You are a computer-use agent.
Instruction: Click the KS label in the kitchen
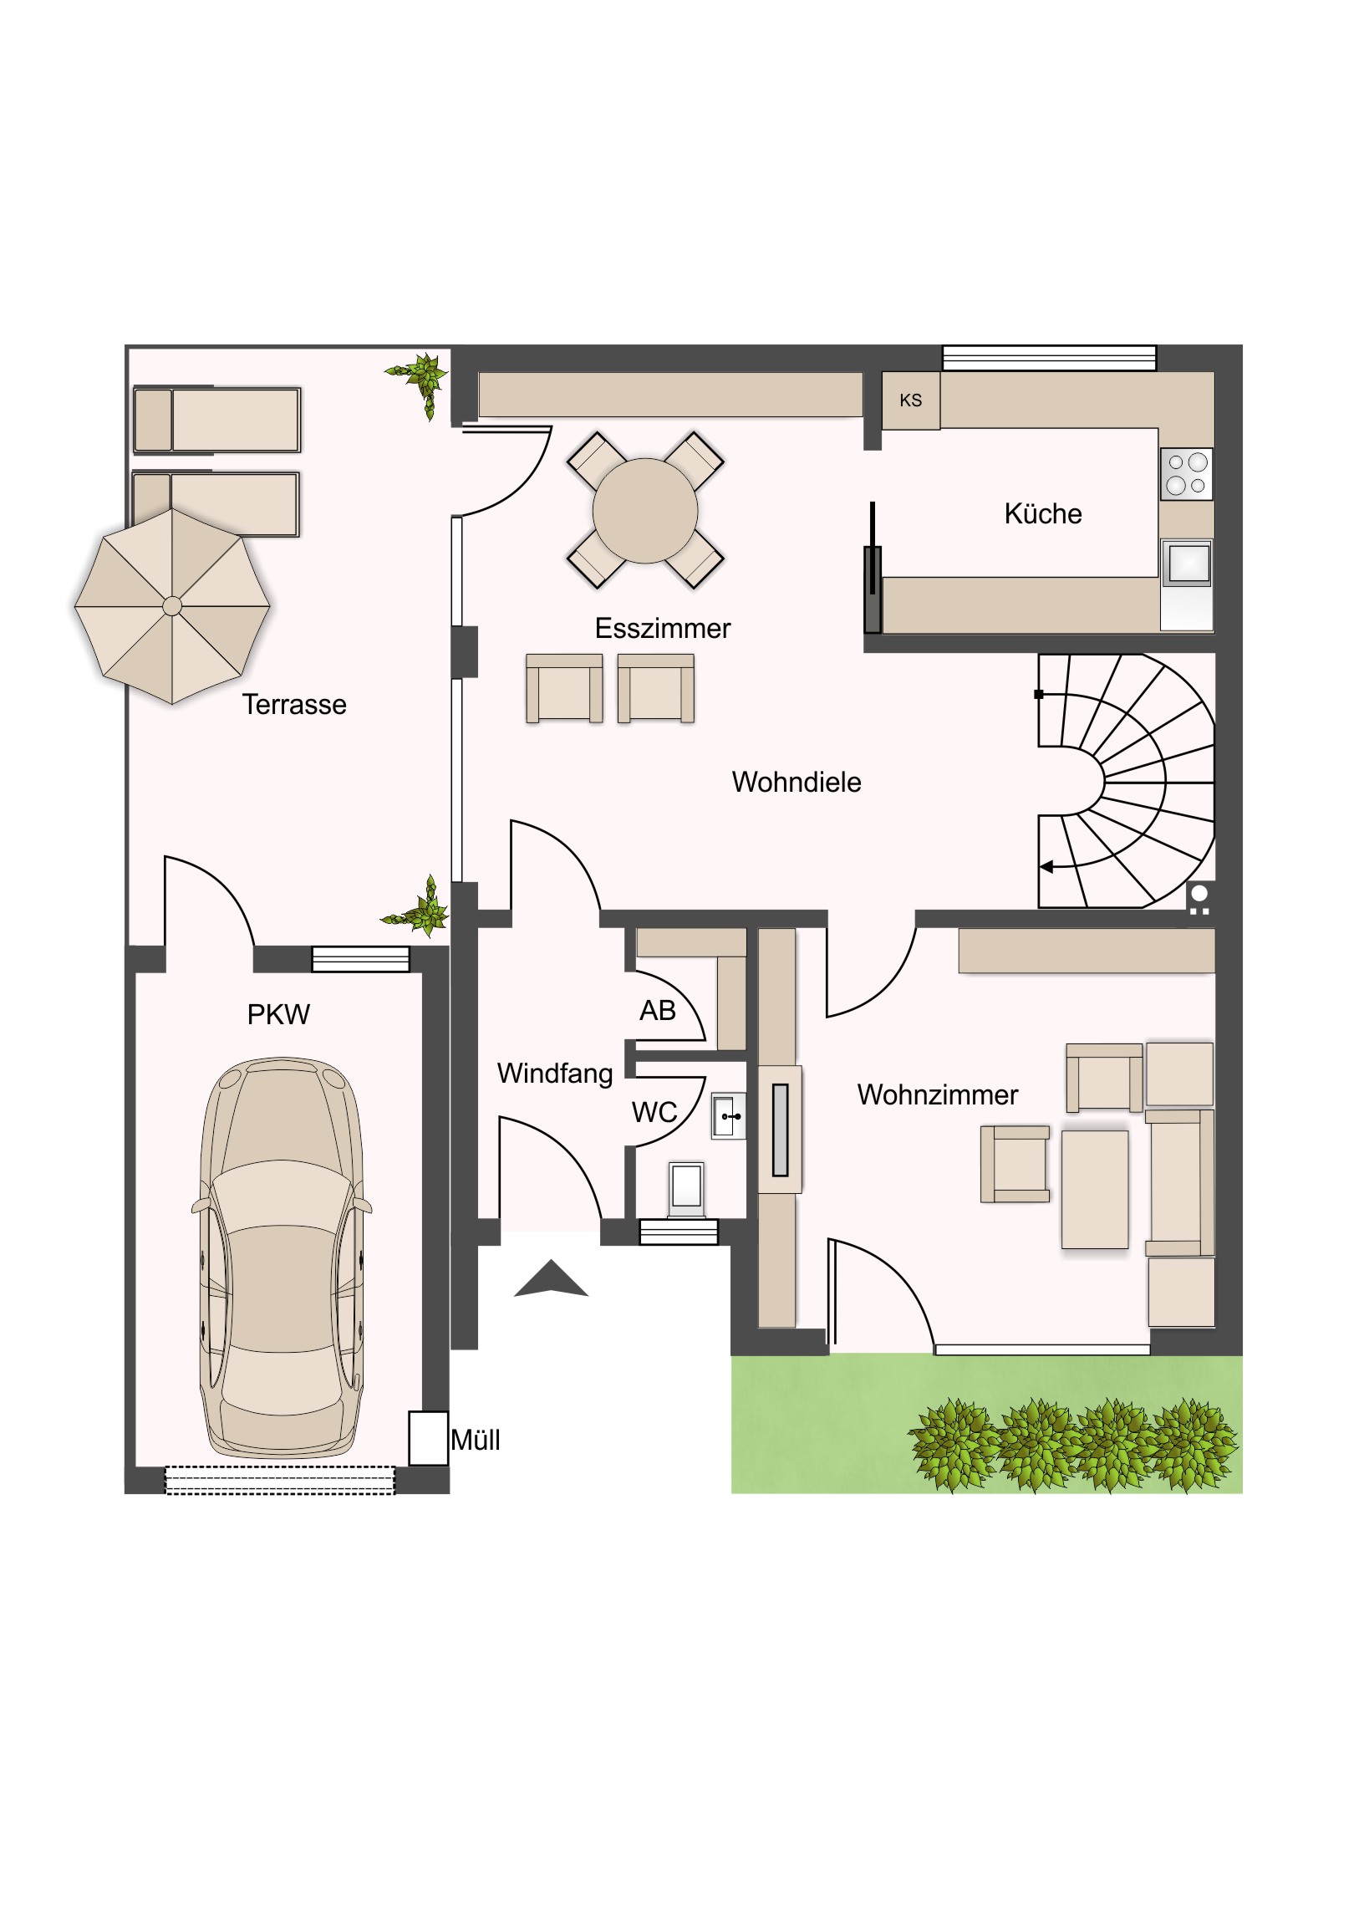[910, 400]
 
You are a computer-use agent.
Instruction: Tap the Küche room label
[1042, 513]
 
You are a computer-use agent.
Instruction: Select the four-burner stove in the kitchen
[1186, 474]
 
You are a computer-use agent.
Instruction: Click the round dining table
[644, 511]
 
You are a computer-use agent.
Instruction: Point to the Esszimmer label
[662, 628]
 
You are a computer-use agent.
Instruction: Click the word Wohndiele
[797, 782]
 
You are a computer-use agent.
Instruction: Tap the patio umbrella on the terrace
[172, 605]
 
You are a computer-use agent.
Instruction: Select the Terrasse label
[294, 704]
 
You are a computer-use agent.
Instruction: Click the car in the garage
[282, 1258]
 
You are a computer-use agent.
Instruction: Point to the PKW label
[278, 1015]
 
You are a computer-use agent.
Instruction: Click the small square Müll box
[428, 1438]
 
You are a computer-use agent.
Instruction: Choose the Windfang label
[555, 1074]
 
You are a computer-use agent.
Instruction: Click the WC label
[654, 1112]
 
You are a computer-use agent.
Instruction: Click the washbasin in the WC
[729, 1115]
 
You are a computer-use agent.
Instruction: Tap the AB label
[657, 1011]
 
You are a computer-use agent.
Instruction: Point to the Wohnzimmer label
[937, 1094]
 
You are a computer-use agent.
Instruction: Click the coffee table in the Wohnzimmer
[1094, 1189]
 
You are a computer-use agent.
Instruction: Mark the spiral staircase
[1126, 781]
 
